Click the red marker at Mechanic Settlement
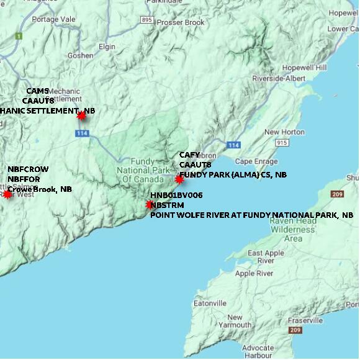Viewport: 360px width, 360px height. click(81, 115)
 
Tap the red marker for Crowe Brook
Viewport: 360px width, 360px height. click(7, 194)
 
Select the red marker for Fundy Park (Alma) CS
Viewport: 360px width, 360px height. click(179, 179)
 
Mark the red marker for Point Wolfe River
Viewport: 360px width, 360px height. click(150, 204)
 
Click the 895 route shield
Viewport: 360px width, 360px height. click(146, 20)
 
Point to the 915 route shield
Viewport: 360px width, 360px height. click(282, 143)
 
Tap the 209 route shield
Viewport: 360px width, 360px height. click(337, 194)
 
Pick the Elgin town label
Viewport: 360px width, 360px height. click(107, 46)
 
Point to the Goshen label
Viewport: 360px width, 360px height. click(80, 55)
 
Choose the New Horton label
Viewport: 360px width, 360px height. click(284, 132)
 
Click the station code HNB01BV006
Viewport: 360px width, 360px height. click(176, 195)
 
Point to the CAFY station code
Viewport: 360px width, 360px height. click(189, 155)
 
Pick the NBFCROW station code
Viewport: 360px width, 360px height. click(28, 169)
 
